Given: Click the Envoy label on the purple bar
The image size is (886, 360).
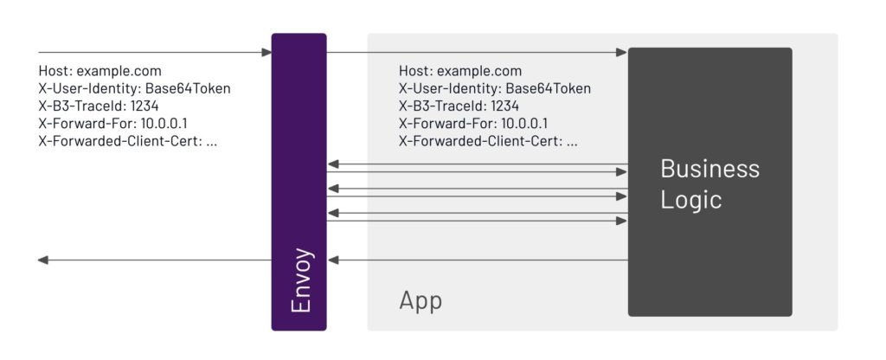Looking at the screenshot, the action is click(x=300, y=280).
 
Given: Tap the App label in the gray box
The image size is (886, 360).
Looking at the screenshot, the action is click(x=421, y=301).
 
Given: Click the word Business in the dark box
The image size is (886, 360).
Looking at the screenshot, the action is click(x=709, y=169).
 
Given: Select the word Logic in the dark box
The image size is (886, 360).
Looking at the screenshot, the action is click(x=691, y=201).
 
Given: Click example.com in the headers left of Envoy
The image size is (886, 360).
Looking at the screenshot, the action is click(x=119, y=71).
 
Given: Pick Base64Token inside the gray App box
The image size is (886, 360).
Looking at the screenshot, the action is click(x=548, y=89).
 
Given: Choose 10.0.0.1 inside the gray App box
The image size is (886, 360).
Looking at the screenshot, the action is click(x=524, y=124).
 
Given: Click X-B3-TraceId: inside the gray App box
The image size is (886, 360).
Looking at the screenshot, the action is click(x=443, y=106).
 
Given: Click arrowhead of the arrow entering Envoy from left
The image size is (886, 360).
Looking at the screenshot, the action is click(x=266, y=53).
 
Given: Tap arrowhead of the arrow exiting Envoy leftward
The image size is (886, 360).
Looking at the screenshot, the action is click(x=43, y=260).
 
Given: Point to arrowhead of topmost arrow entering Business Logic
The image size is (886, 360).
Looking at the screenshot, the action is click(x=621, y=53).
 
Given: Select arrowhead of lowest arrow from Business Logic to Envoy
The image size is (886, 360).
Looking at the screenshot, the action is click(x=333, y=260).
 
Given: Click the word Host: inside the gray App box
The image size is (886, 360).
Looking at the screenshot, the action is click(x=416, y=71).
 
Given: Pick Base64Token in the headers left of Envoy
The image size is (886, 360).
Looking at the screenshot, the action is click(x=188, y=89).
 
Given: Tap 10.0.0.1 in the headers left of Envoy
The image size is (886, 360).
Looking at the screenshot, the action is click(x=164, y=124).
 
